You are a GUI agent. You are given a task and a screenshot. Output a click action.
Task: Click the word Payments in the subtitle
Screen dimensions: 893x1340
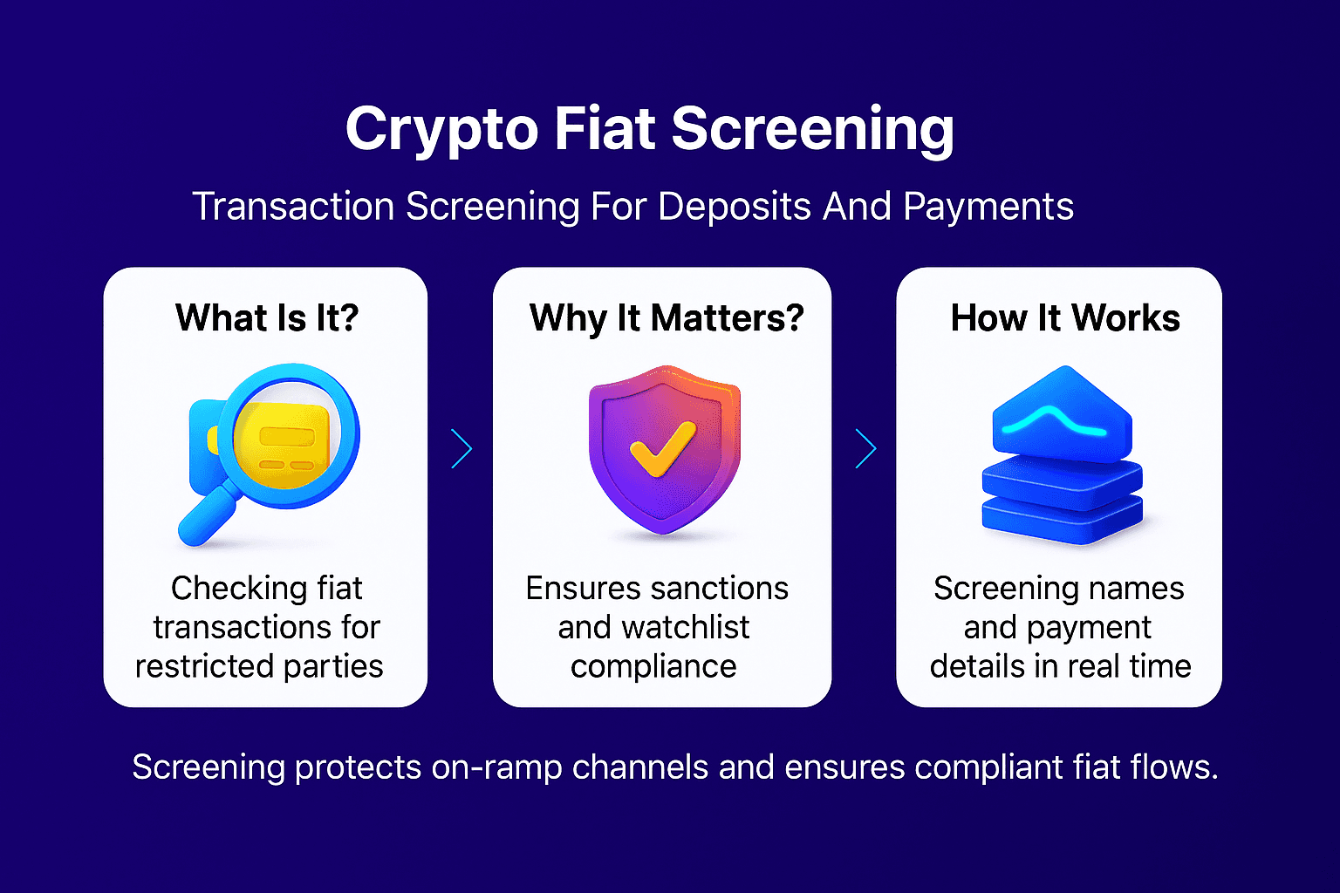point(988,207)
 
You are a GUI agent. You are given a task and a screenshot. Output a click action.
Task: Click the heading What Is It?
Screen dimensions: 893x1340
point(267,318)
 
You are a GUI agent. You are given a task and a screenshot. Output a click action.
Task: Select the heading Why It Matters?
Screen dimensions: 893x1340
point(667,318)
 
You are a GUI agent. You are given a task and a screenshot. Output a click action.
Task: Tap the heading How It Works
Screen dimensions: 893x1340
point(1065,318)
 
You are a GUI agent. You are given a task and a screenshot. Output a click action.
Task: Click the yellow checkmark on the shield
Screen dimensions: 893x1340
point(663,449)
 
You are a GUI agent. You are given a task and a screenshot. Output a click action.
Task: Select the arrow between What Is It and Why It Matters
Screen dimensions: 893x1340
point(461,448)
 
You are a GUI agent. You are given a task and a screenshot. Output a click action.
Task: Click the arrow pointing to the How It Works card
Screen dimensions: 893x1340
point(865,448)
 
